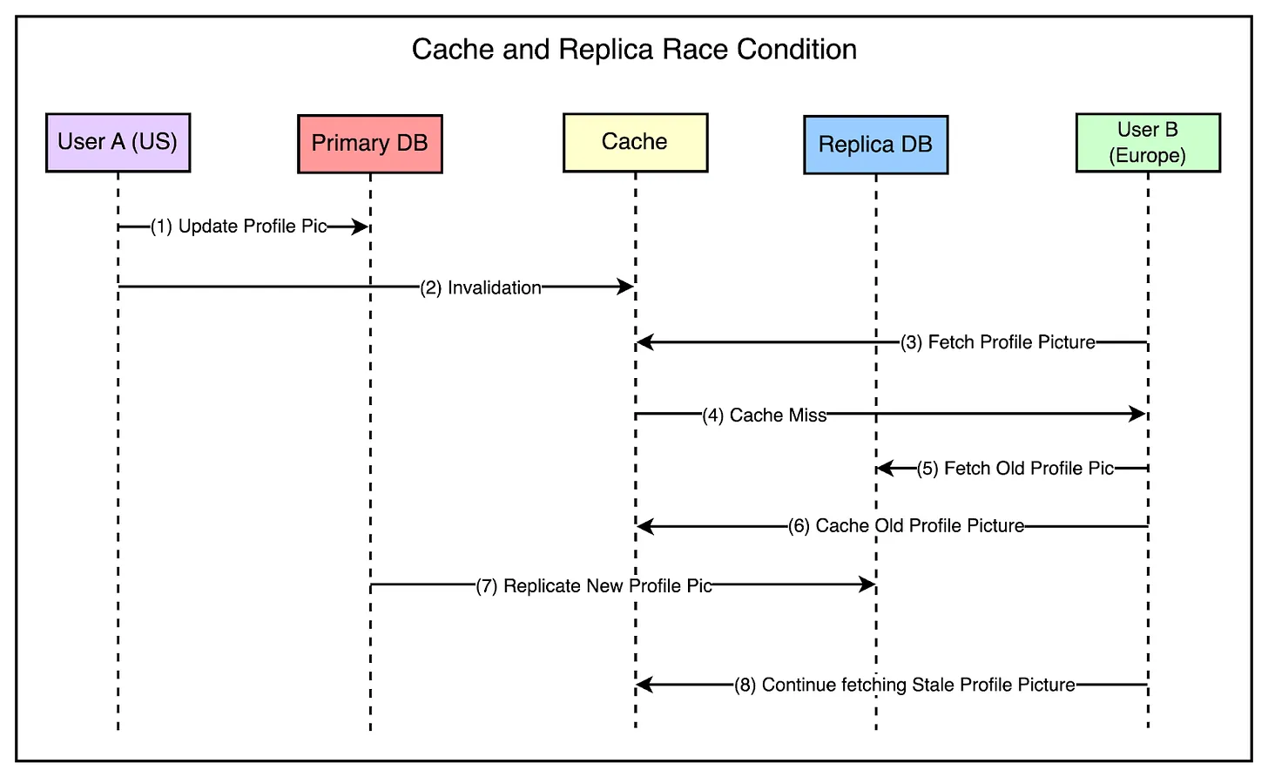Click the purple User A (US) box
click(x=118, y=142)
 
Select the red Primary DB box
click(x=369, y=144)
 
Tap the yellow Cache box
click(x=635, y=142)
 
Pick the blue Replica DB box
click(x=876, y=145)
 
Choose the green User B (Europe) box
click(x=1148, y=142)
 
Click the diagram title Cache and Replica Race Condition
click(x=634, y=50)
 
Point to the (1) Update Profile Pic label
click(x=239, y=226)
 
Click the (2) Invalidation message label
click(x=480, y=287)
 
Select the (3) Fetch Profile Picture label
click(x=997, y=342)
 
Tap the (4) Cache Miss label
click(x=765, y=416)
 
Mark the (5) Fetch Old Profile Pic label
click(x=1015, y=469)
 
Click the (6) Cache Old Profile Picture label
click(x=906, y=525)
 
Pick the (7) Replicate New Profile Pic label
click(x=593, y=585)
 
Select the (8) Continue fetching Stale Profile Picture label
click(x=904, y=685)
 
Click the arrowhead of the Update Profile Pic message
click(x=361, y=226)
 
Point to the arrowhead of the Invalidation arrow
click(x=625, y=287)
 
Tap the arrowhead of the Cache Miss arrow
click(x=1137, y=414)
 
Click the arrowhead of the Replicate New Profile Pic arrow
click(x=867, y=584)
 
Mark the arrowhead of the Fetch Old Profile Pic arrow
click(x=886, y=469)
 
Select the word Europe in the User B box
click(x=1147, y=155)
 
